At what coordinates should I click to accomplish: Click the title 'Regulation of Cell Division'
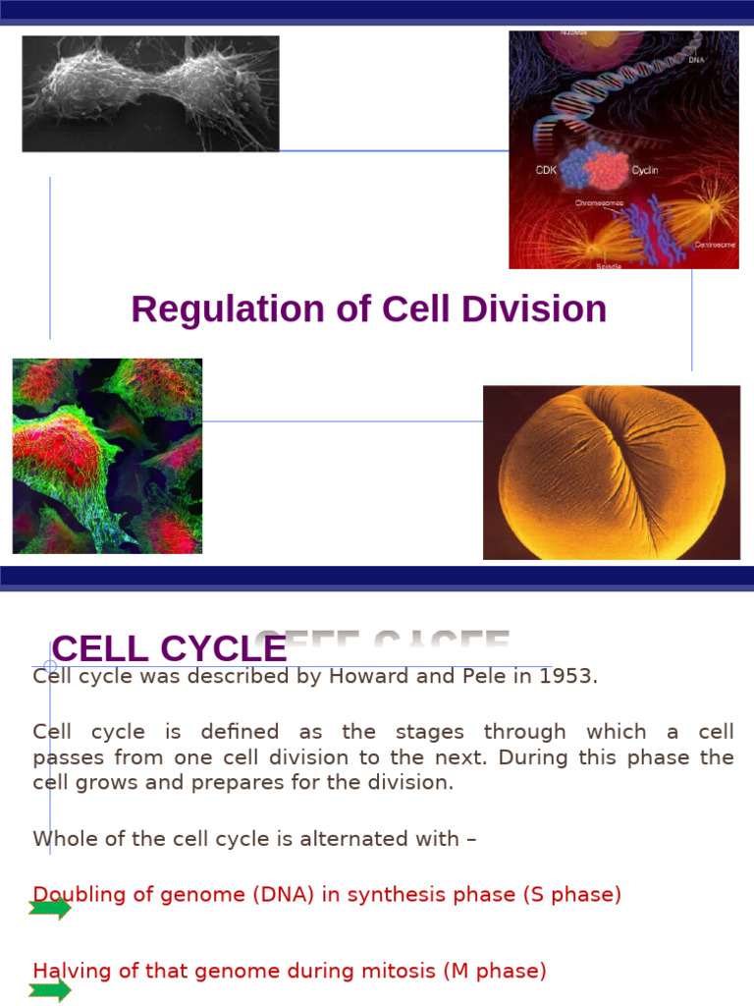[368, 309]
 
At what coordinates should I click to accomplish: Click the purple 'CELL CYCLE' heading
[169, 648]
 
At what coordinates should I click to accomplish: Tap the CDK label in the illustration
[545, 170]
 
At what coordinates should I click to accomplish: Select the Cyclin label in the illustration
[645, 170]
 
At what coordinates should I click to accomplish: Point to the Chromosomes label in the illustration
[599, 203]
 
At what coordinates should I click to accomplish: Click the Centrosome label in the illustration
[715, 245]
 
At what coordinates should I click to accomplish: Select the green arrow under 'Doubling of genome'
[50, 909]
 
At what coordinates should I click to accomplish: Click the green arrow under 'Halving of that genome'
[50, 989]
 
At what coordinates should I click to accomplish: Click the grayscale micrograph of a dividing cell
[150, 93]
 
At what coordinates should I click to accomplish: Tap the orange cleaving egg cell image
[611, 473]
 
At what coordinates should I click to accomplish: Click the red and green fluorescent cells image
[107, 456]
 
